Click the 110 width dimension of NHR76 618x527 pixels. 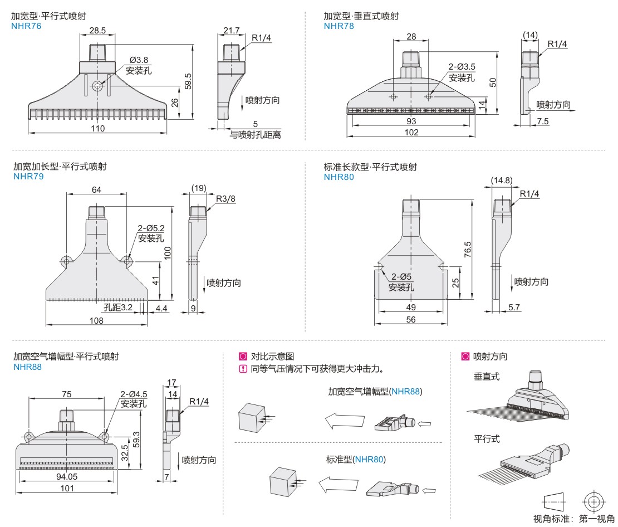(97, 129)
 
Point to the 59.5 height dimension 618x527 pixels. (188, 81)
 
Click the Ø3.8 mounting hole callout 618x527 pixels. (139, 60)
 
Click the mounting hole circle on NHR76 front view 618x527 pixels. (98, 86)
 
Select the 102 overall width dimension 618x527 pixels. (411, 133)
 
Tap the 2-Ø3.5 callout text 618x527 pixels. (462, 67)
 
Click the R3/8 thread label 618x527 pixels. (225, 198)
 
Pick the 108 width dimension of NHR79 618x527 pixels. (96, 320)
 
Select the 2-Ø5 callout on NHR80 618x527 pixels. (401, 277)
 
